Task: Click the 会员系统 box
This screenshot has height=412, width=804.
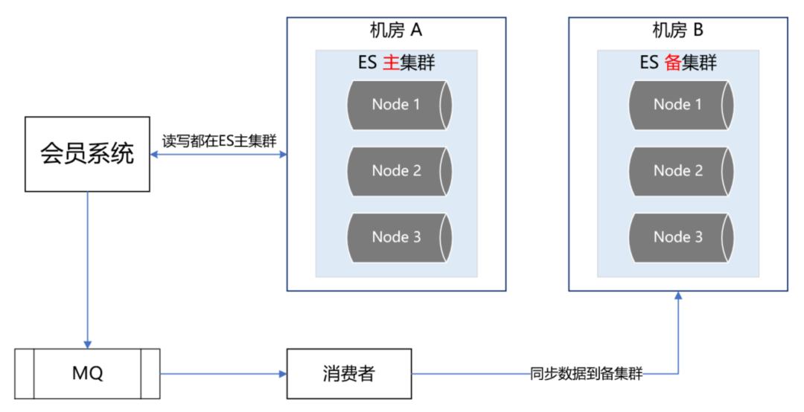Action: click(x=87, y=154)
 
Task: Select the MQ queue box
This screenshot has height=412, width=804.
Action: click(x=87, y=373)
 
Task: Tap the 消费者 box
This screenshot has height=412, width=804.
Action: click(x=348, y=373)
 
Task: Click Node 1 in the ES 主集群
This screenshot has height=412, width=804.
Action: click(x=398, y=105)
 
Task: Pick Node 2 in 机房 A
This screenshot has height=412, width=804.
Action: click(x=398, y=171)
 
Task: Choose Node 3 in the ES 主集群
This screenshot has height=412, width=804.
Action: click(x=398, y=237)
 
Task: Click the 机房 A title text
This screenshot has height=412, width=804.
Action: click(x=396, y=30)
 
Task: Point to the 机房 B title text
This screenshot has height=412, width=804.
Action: click(x=677, y=30)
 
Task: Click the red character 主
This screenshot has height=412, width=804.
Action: click(x=390, y=63)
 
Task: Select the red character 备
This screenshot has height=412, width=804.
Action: click(x=672, y=63)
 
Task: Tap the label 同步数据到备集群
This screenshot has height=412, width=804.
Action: click(x=586, y=373)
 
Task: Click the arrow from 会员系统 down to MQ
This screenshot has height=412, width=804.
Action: click(x=88, y=268)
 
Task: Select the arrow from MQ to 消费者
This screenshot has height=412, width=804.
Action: click(x=223, y=373)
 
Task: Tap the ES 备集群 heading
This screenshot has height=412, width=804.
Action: click(x=678, y=63)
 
